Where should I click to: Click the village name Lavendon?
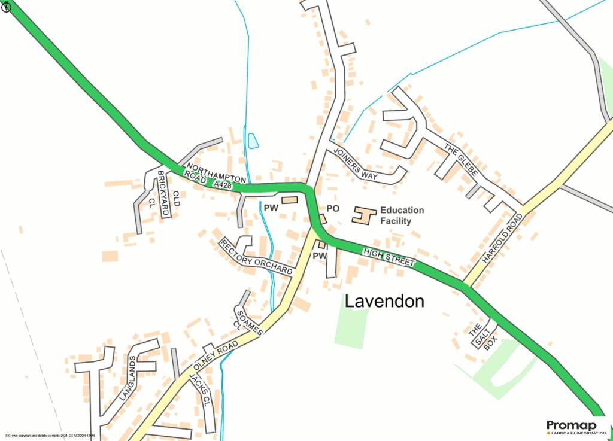tap(384, 301)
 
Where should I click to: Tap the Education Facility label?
tap(402, 215)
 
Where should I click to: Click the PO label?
tap(333, 208)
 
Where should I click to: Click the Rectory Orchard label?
tap(256, 257)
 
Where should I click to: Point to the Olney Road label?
tap(216, 357)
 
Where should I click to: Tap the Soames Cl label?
tap(245, 321)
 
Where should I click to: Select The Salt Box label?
tap(482, 337)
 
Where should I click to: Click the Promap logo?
tap(572, 427)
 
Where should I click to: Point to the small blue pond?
tap(253, 141)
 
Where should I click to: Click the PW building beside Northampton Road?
tap(290, 200)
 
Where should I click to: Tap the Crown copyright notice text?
tap(50, 436)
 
